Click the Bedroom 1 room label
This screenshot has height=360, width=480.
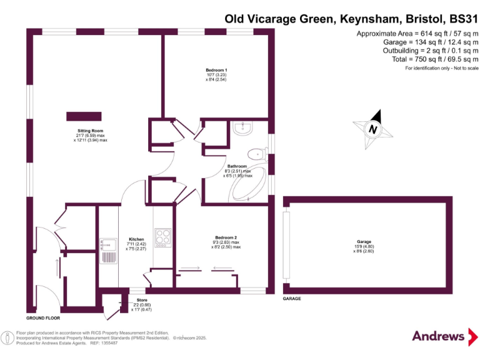click(x=216, y=69)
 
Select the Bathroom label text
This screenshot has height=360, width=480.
click(x=237, y=166)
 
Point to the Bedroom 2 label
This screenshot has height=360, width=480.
click(x=226, y=237)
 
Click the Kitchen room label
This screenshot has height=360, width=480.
click(x=136, y=239)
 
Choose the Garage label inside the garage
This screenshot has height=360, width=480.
click(x=364, y=242)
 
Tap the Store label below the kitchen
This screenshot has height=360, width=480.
click(x=142, y=301)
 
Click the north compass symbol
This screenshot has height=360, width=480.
click(x=374, y=129)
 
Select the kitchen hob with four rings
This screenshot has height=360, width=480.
click(x=164, y=238)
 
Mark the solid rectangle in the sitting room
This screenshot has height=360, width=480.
click(x=84, y=116)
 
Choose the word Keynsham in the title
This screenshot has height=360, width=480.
click(x=366, y=19)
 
